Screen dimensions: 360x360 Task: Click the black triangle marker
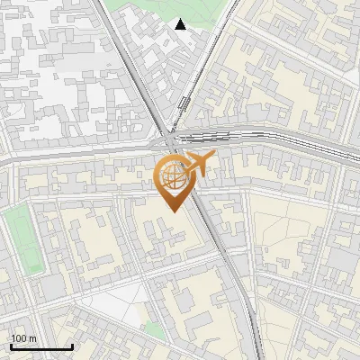(181, 25)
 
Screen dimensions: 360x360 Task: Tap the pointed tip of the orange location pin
(171, 211)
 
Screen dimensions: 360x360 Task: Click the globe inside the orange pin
(171, 175)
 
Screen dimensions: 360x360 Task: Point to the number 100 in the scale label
(19, 338)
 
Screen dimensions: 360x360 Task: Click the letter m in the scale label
(32, 338)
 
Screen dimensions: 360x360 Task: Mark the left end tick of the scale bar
(12, 346)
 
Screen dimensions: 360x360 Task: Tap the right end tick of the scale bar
(72, 346)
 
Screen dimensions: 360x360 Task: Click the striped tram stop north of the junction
(184, 103)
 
